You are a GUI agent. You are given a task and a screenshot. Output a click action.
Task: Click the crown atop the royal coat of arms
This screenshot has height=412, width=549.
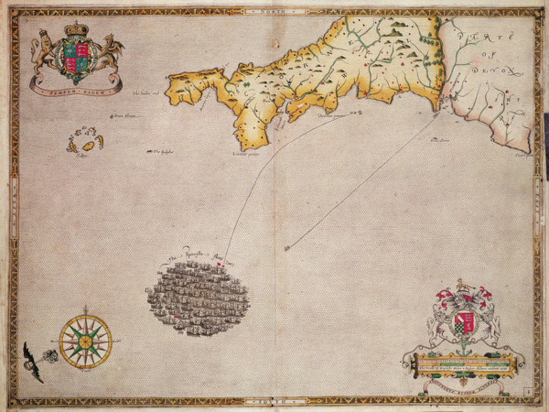click(76, 29)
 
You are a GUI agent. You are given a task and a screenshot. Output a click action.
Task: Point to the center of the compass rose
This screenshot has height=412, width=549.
click(85, 341)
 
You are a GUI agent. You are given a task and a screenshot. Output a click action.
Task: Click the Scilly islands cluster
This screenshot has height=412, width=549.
click(85, 140)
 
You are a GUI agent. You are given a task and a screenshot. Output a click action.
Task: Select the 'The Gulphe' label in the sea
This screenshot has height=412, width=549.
click(160, 152)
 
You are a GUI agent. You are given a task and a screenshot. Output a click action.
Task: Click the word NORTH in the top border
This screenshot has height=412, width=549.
click(274, 10)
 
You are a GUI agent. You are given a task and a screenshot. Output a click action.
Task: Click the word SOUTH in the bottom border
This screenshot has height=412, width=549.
click(274, 401)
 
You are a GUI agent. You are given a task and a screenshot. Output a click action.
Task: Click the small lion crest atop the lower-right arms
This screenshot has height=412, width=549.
click(461, 285)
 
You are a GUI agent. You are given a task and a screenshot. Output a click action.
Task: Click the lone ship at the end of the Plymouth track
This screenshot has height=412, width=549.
click(288, 248)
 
